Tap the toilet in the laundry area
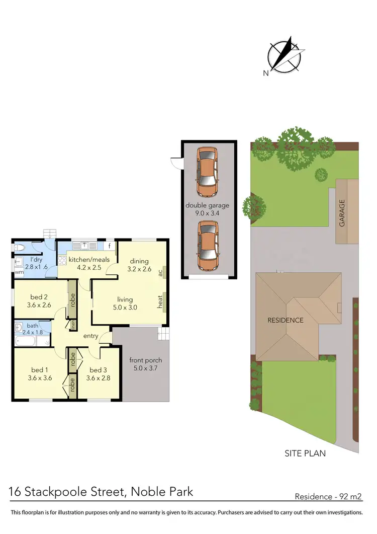tap(20, 248)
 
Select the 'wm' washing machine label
tap(19, 272)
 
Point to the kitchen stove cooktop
tap(63, 261)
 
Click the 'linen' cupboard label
tap(73, 324)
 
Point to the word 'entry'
tap(91, 336)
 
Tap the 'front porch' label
tap(146, 360)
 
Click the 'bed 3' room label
tap(98, 370)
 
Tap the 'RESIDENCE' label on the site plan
tap(285, 320)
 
